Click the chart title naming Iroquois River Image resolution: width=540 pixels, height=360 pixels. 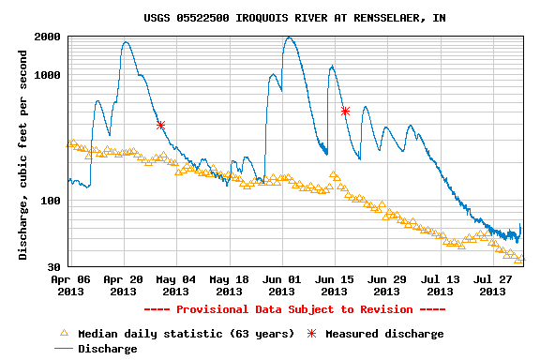(294, 18)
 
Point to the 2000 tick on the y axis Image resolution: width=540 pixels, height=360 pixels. (48, 37)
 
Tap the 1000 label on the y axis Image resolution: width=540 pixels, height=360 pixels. (48, 75)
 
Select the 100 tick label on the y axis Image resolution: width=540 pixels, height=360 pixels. (51, 201)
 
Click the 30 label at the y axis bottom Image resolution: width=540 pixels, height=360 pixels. (53, 267)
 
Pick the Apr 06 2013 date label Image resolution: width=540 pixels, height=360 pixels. (70, 286)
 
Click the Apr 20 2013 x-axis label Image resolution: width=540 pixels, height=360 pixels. (124, 286)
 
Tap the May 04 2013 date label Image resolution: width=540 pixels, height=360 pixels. (176, 286)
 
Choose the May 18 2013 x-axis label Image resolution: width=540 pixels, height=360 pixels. (229, 286)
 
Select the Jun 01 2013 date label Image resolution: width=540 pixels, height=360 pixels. (281, 286)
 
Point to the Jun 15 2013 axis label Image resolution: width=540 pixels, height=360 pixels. (335, 286)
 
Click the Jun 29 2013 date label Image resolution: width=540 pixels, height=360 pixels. (387, 286)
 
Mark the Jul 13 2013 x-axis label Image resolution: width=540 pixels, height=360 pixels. (440, 286)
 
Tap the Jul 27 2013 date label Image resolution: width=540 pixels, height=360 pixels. (493, 286)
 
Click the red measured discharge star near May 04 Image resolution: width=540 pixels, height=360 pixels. (160, 125)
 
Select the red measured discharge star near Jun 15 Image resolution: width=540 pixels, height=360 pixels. (345, 111)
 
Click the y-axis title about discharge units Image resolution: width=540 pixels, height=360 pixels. (22, 155)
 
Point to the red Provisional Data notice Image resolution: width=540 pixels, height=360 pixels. (294, 309)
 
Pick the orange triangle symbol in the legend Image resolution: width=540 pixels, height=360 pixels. (64, 333)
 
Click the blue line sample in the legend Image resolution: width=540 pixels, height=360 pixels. (64, 349)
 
